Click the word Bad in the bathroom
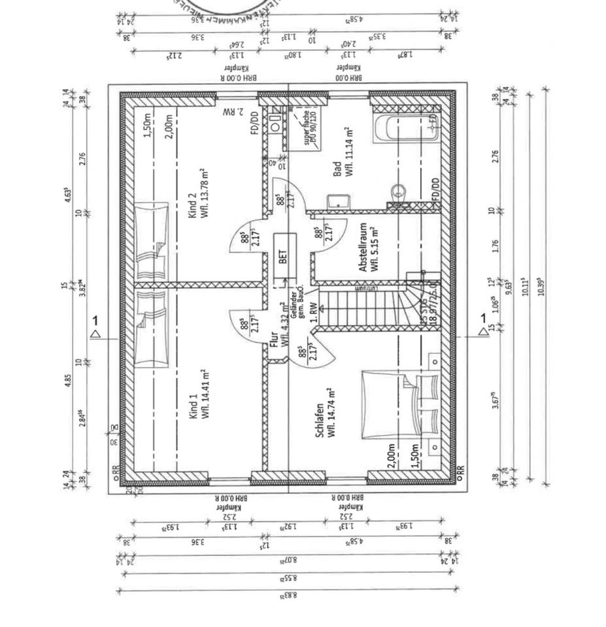pyautogui.click(x=337, y=169)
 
